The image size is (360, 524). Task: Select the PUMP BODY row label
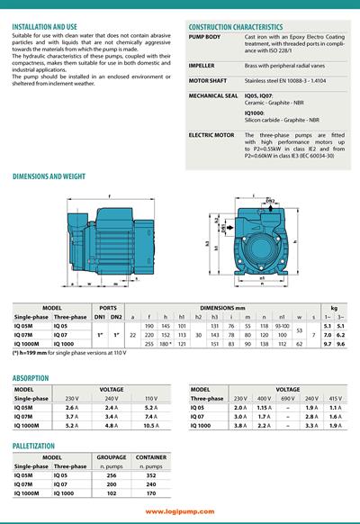pos(204,37)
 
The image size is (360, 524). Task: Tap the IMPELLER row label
pos(202,66)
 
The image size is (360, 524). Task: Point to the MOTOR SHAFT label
pos(208,80)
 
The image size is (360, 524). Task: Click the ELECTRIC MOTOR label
pos(211,134)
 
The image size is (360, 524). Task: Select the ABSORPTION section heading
pos(31,379)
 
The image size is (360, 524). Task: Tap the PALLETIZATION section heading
pos(37,444)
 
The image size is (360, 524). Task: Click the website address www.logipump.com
pos(179,510)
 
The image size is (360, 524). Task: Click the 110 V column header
pos(150,397)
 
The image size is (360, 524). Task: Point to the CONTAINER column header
pos(150,457)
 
